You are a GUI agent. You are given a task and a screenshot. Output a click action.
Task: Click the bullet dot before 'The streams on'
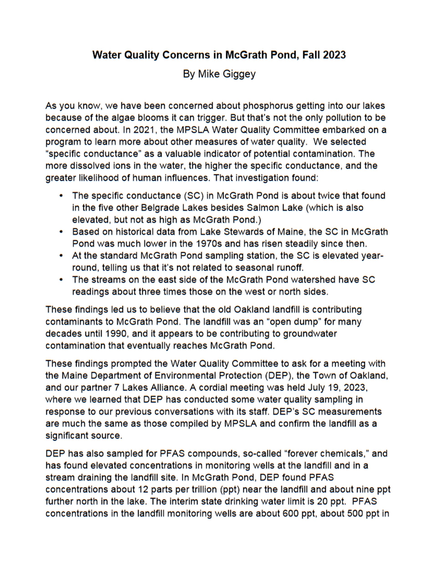click(x=61, y=280)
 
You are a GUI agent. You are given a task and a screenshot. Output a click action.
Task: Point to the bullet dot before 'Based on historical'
click(x=61, y=232)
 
